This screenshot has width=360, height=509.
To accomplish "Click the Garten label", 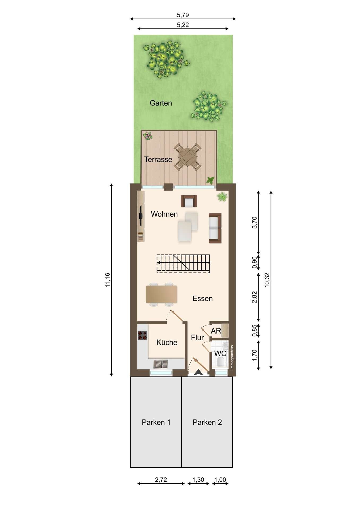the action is [161, 103].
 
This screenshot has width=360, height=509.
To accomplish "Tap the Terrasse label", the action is [158, 159].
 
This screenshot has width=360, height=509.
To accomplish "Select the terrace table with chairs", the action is [187, 157].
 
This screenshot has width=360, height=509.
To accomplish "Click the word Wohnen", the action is [164, 214].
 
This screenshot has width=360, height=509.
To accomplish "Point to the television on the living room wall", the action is [141, 215].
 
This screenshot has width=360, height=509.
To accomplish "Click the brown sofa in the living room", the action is [215, 228].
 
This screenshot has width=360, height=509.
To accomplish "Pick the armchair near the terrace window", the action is [189, 201].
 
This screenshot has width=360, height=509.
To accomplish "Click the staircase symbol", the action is [183, 263].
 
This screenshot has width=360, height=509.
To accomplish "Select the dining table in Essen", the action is [161, 294].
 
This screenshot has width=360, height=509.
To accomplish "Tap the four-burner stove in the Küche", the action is [142, 335].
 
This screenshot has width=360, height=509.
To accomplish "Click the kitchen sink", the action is [161, 364].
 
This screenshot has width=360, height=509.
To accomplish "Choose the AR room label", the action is [216, 331].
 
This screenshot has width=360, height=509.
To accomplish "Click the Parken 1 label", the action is [156, 422].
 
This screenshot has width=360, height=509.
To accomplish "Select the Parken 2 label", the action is [207, 422].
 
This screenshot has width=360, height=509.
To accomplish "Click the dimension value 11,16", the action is [107, 280].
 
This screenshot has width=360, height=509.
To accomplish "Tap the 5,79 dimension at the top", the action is [183, 15].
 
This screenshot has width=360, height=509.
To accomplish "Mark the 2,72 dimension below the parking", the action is [161, 480].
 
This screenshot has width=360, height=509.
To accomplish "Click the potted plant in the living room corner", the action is [222, 197].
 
